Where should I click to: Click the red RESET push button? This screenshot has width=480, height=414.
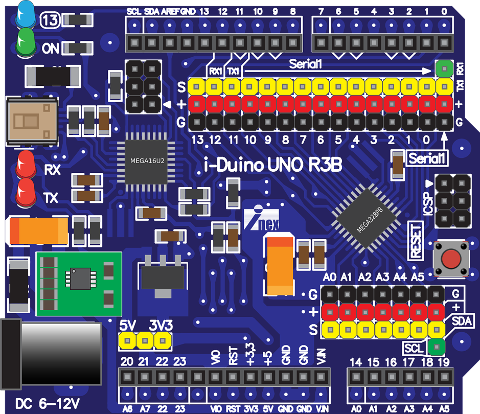(x=451, y=259)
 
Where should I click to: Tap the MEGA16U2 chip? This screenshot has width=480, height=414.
(x=147, y=162)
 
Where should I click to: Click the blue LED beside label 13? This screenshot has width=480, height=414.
(x=26, y=14)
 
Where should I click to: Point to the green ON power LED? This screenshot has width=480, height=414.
(x=26, y=42)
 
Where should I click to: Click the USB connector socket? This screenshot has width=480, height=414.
(x=32, y=121)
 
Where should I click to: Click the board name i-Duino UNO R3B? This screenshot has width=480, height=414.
(x=273, y=165)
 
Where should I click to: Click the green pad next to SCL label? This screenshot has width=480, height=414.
(x=437, y=347)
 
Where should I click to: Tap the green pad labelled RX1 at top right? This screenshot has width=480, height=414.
(x=444, y=68)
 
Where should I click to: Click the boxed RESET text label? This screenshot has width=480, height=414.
(x=416, y=241)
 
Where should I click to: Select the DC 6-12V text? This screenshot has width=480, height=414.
(x=48, y=404)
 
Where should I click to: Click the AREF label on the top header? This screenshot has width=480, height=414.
(x=170, y=12)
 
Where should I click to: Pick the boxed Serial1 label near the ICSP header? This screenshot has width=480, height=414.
(x=427, y=158)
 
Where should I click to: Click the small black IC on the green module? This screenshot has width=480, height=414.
(x=80, y=279)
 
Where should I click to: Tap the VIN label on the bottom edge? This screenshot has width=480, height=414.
(x=322, y=409)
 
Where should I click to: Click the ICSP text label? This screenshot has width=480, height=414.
(x=428, y=204)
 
